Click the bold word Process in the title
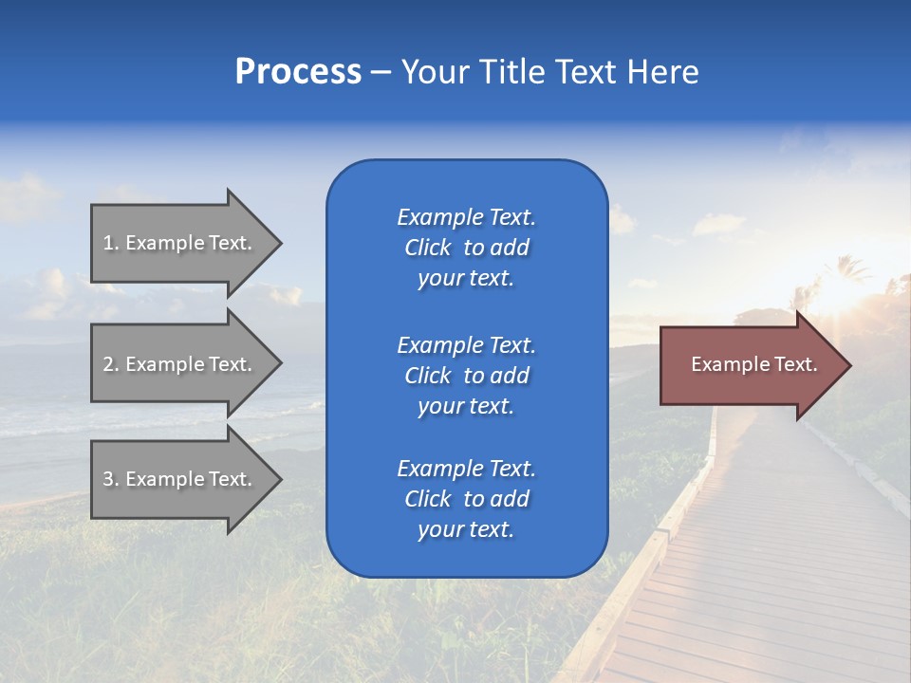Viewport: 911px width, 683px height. coord(298,72)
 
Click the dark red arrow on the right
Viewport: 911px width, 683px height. coord(750,364)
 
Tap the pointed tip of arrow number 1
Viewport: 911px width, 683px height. coord(280,243)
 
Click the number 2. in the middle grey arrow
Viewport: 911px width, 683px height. coord(111,364)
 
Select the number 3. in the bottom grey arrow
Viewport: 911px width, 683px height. coord(111,479)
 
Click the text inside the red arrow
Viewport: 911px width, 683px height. coord(754,364)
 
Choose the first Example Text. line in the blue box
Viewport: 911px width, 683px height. coord(466,217)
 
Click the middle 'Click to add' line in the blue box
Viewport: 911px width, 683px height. coord(466,376)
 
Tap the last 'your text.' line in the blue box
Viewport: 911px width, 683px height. coord(466,529)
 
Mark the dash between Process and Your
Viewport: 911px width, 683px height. coord(381,72)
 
